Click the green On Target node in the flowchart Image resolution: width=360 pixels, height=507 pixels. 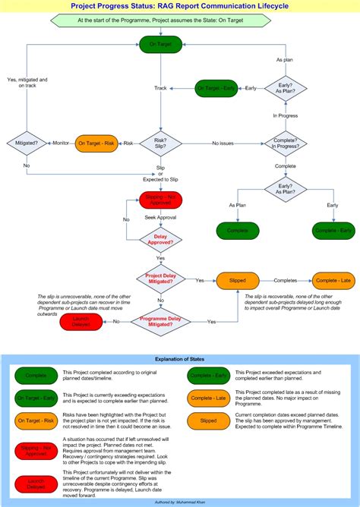160,45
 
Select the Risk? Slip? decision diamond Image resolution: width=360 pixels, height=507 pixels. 160,143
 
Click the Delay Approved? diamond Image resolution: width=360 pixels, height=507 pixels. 160,242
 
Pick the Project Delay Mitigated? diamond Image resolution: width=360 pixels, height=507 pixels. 160,280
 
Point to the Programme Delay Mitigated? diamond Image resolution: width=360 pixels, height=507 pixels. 160,322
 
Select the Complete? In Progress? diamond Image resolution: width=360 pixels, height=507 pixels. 285,143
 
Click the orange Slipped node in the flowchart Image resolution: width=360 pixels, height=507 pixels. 238,281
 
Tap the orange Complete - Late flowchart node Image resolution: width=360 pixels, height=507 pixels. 333,281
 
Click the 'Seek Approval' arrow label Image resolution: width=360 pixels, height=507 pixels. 160,218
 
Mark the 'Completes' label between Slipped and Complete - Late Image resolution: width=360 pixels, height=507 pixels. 286,281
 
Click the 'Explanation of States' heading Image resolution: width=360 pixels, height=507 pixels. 180,358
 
